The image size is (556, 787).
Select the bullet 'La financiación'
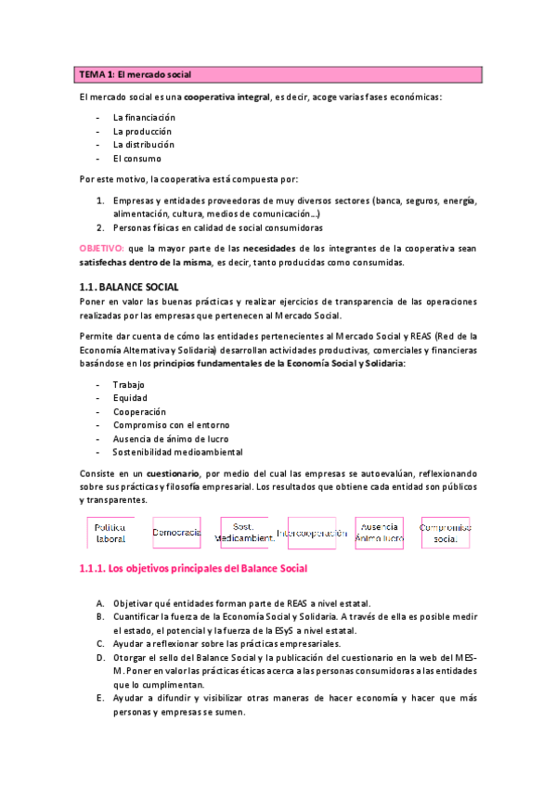click(x=143, y=118)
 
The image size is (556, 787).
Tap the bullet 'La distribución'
click(x=143, y=144)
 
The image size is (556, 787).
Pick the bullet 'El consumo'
click(x=136, y=158)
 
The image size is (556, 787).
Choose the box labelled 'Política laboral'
click(x=110, y=533)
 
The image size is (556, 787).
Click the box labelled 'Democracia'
click(x=176, y=533)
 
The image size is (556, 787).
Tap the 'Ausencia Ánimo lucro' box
click(x=380, y=533)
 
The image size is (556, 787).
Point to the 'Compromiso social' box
click(x=446, y=533)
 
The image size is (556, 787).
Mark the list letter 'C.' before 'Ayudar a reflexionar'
click(x=100, y=643)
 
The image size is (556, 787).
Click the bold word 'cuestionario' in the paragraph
click(x=152, y=472)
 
